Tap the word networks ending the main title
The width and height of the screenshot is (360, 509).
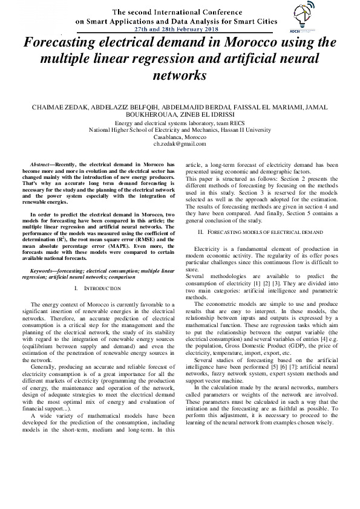(x=180, y=76)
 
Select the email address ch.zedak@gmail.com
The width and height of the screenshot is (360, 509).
(x=180, y=144)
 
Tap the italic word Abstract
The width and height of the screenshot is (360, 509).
(x=42, y=164)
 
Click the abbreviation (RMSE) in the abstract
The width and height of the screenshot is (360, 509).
(x=139, y=239)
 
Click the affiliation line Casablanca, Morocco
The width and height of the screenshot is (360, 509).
(x=180, y=137)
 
